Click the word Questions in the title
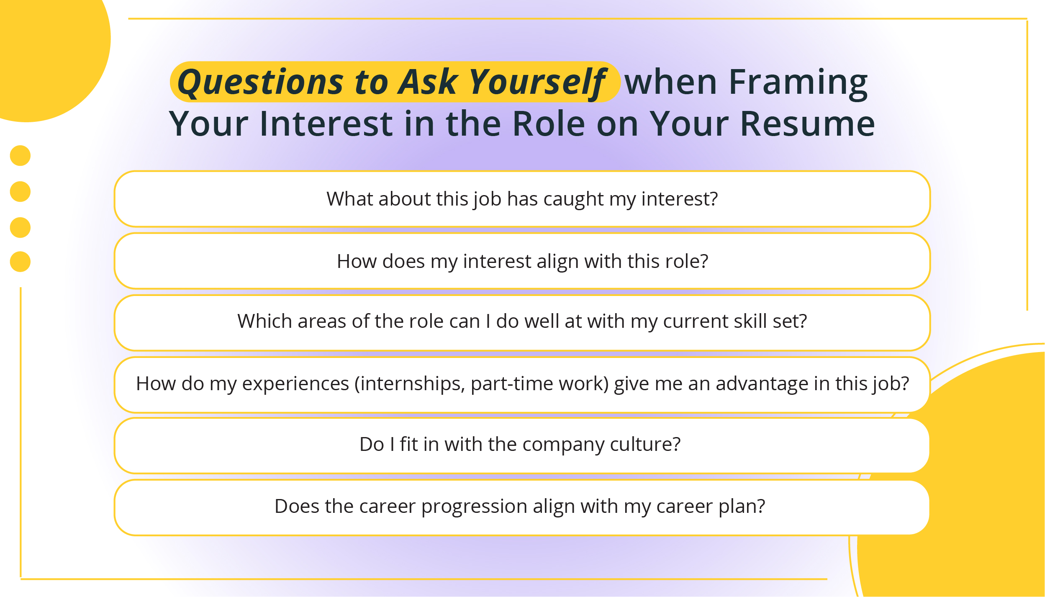(260, 82)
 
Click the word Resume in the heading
(807, 124)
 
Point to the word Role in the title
(549, 124)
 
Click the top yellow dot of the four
(20, 156)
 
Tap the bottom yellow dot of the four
(20, 262)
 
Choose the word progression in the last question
(474, 507)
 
